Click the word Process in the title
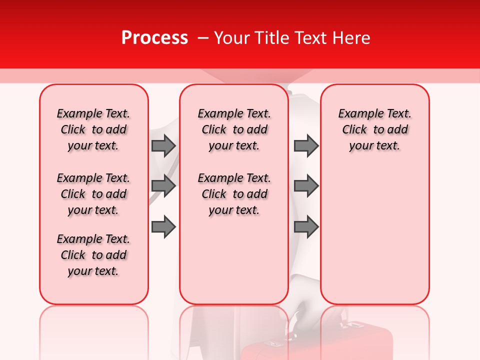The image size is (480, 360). (x=154, y=38)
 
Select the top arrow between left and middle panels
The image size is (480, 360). (x=163, y=145)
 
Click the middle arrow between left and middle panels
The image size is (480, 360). (x=163, y=186)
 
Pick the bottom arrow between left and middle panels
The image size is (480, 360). (x=163, y=227)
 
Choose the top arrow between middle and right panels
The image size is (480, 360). (x=306, y=145)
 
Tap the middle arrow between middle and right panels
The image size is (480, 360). (x=306, y=186)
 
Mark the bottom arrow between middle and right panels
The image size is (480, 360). (x=306, y=227)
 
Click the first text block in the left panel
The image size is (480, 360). (x=93, y=129)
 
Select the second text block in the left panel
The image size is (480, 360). (x=93, y=194)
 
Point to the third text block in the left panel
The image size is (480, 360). (x=93, y=255)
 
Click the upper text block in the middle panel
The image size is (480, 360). (x=234, y=129)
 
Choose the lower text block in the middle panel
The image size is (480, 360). (x=234, y=194)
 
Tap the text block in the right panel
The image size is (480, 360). (x=374, y=129)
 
